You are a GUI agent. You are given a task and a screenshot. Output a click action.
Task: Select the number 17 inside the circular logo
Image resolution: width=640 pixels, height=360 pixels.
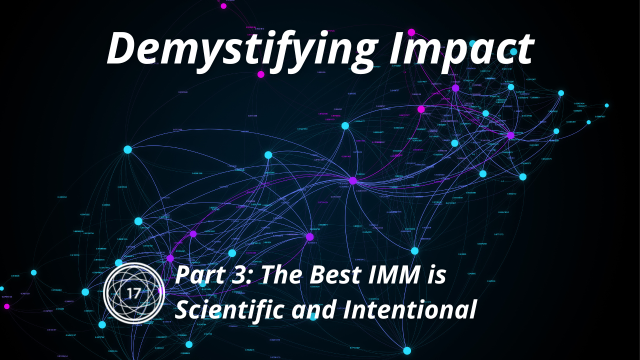134,293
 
